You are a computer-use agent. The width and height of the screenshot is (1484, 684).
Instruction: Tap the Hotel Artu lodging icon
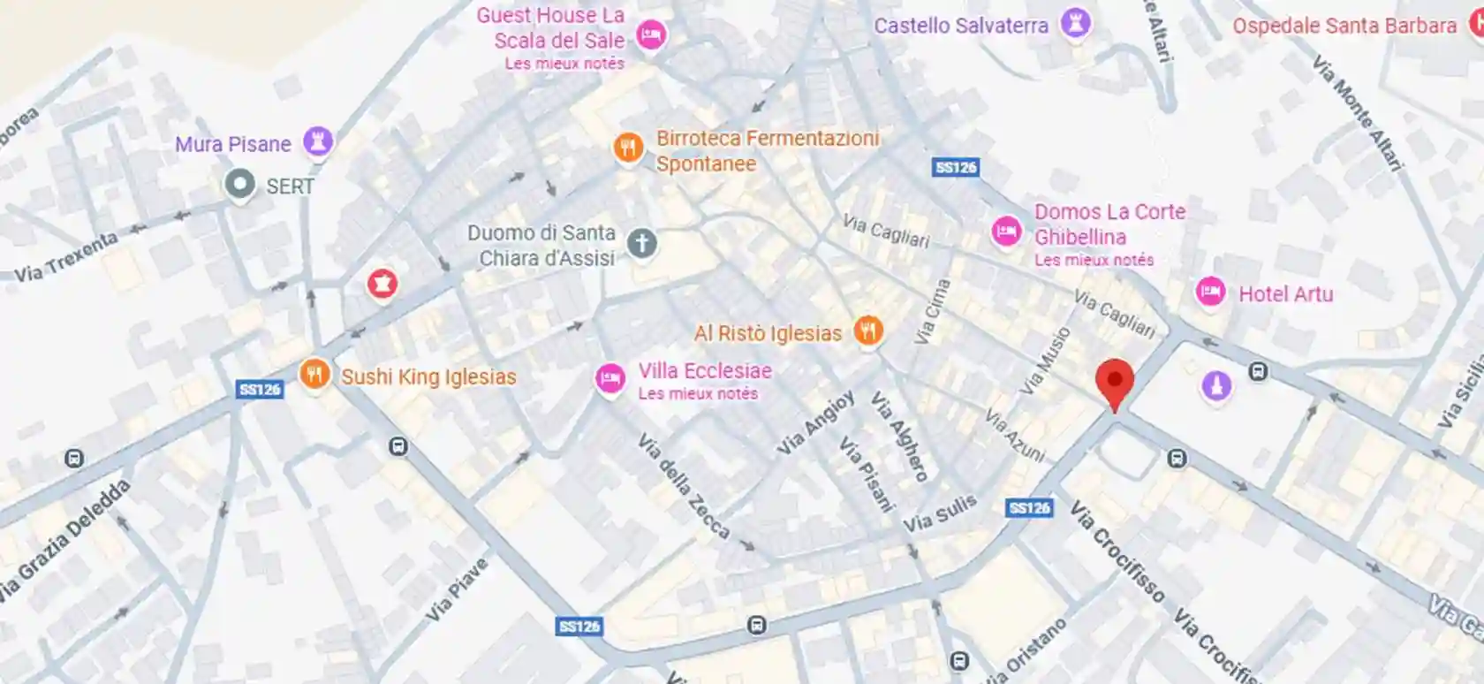pyautogui.click(x=1210, y=292)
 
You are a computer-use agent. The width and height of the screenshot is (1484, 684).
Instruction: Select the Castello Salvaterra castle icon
pyautogui.click(x=1075, y=23)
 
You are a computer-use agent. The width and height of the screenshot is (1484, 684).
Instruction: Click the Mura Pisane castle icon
pyautogui.click(x=317, y=141)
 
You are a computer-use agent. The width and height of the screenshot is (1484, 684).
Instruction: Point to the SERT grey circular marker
pyautogui.click(x=239, y=185)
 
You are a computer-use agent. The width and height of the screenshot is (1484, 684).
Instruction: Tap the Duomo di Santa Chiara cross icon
pyautogui.click(x=642, y=243)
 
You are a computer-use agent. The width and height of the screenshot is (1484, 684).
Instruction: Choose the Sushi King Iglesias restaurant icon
pyautogui.click(x=314, y=374)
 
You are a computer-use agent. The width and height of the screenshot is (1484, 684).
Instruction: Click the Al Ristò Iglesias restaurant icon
pyautogui.click(x=869, y=331)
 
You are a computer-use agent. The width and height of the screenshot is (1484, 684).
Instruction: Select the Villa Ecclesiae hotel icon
pyautogui.click(x=609, y=378)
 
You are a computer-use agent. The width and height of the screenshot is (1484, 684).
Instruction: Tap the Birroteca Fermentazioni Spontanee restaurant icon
pyautogui.click(x=628, y=148)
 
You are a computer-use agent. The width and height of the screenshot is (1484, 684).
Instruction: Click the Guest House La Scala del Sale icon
pyautogui.click(x=651, y=35)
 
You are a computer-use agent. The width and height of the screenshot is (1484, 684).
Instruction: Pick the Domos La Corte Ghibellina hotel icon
pyautogui.click(x=1006, y=232)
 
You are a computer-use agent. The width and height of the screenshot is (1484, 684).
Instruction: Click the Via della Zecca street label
pyautogui.click(x=684, y=487)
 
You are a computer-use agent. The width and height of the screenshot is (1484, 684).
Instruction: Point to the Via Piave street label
pyautogui.click(x=457, y=589)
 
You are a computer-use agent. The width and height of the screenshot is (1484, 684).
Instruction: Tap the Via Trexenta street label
pyautogui.click(x=65, y=257)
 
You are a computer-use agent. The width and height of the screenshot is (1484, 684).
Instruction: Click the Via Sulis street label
pyautogui.click(x=939, y=513)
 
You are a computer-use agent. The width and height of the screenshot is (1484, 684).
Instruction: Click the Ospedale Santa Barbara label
pyautogui.click(x=1344, y=26)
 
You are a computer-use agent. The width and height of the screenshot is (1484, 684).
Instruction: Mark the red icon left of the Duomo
pyautogui.click(x=382, y=284)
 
